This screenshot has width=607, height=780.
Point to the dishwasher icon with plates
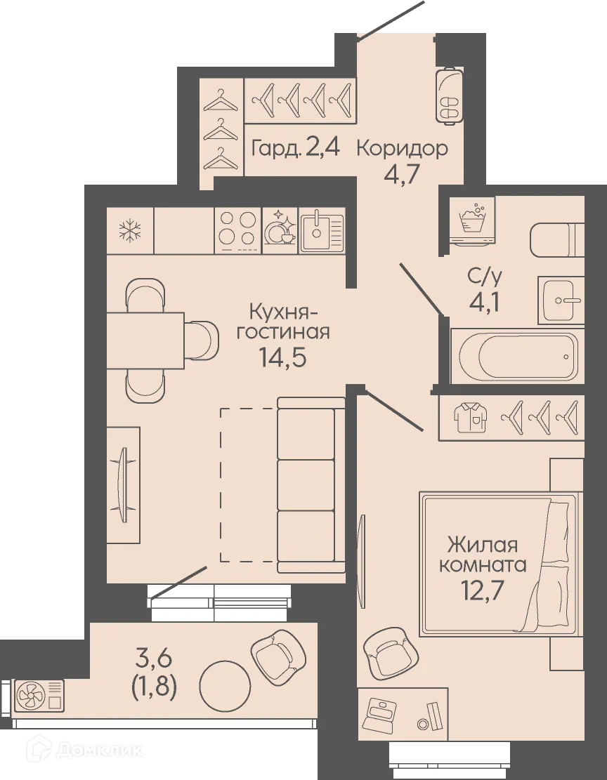280,230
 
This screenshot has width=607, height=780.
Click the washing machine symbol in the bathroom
472,220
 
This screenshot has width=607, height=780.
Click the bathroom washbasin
561,300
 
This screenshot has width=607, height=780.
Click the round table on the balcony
225,685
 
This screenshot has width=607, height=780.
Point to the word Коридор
402,148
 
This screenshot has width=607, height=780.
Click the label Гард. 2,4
296,148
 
